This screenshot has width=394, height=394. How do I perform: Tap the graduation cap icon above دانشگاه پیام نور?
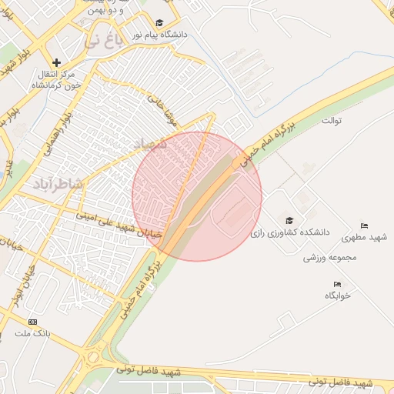[159, 23]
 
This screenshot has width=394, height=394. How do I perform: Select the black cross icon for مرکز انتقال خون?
[56, 62]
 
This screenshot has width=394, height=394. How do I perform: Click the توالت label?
[332, 121]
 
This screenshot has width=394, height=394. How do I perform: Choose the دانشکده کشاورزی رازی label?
[289, 231]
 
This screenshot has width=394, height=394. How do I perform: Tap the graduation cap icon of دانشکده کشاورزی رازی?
[289, 220]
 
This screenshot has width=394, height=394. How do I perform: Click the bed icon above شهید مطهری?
[364, 226]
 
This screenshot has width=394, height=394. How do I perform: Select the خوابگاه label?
[337, 295]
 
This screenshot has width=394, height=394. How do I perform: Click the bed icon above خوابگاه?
[337, 285]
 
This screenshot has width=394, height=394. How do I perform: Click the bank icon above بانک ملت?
[32, 322]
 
